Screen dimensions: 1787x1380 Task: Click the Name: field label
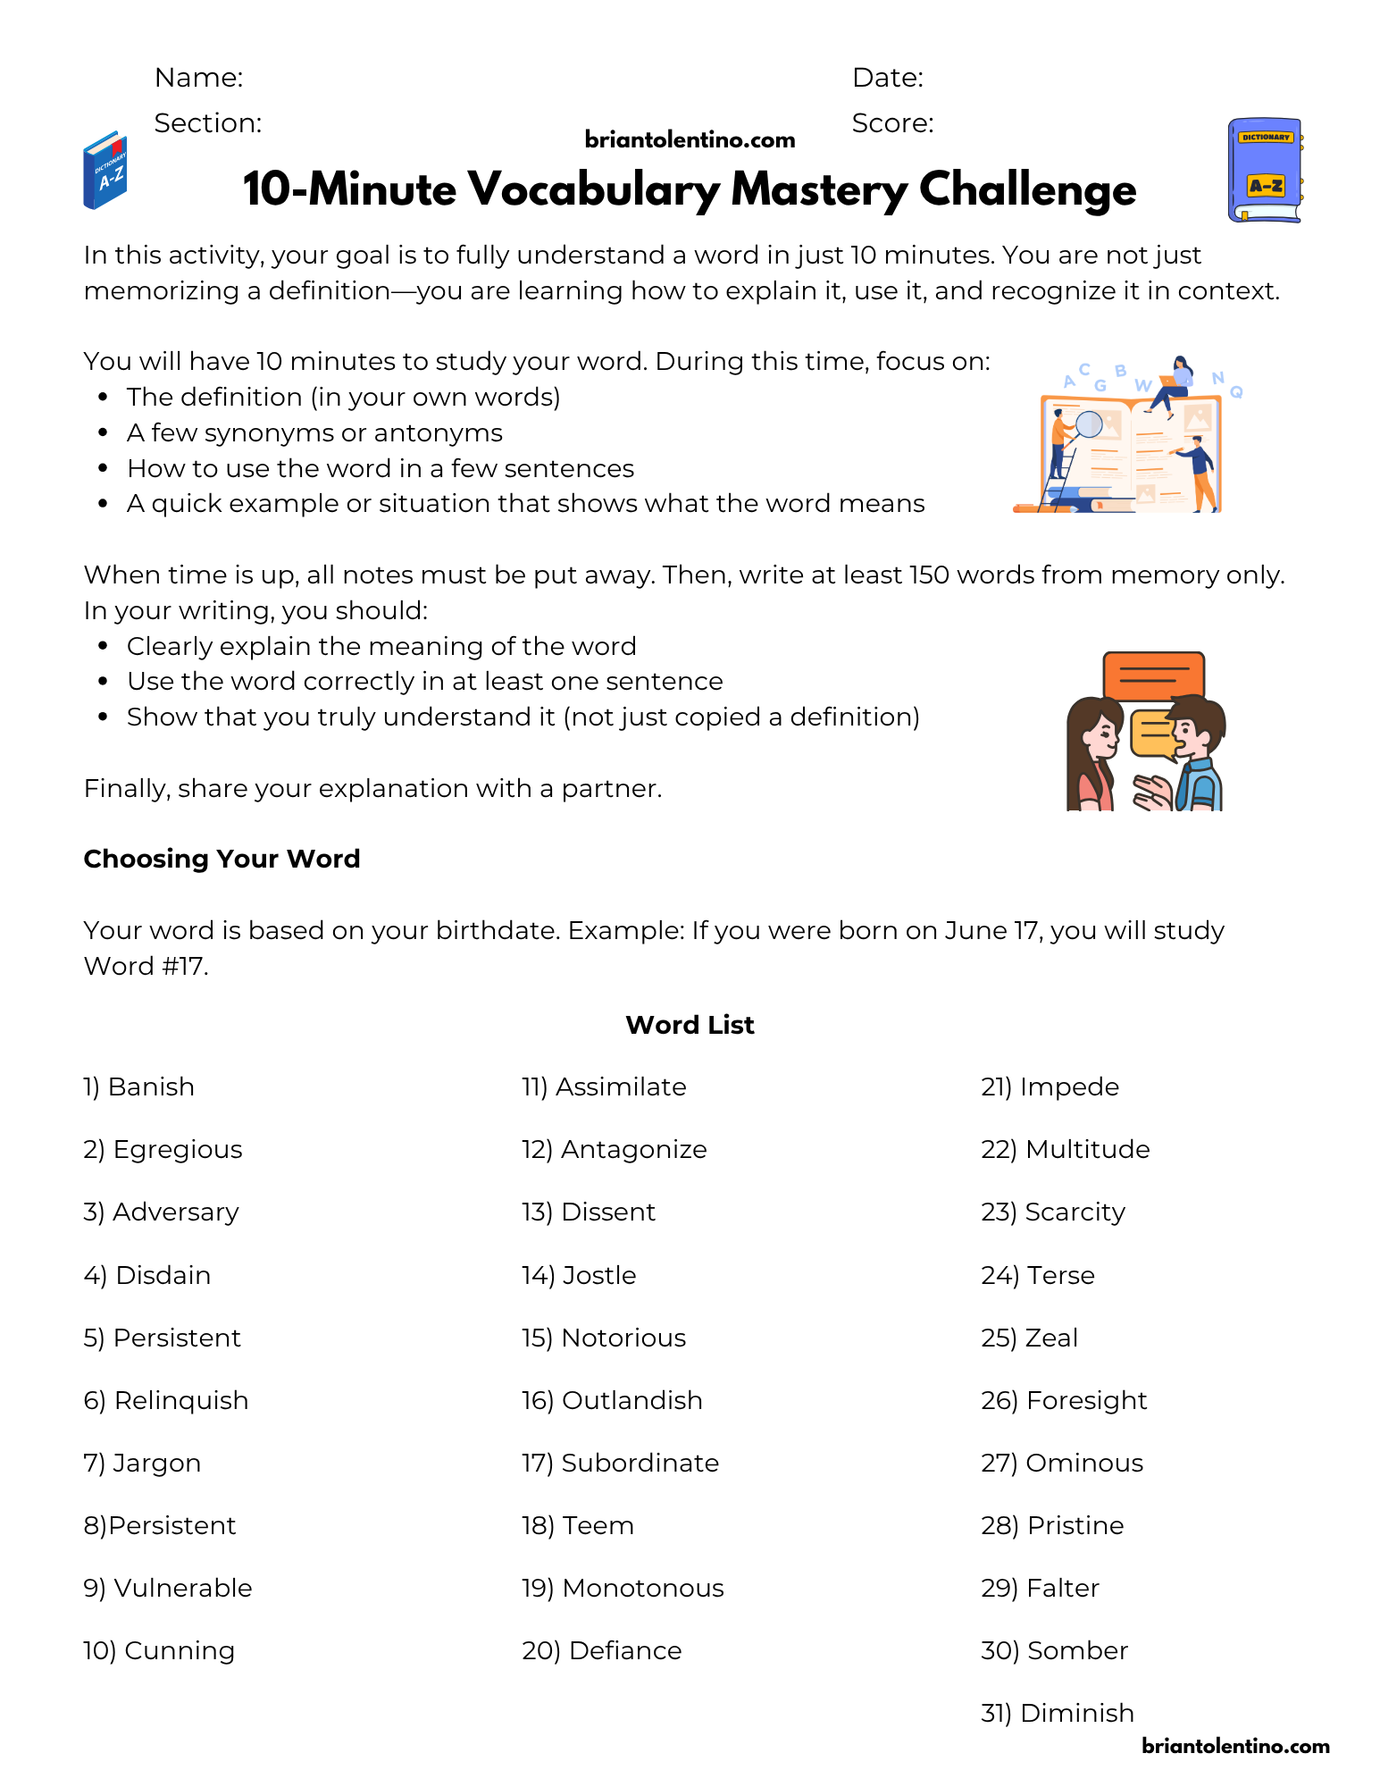coord(198,78)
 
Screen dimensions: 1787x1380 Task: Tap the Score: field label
coord(892,123)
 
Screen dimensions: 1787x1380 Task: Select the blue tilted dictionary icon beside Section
coord(105,171)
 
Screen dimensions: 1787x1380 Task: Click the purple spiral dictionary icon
coord(1264,170)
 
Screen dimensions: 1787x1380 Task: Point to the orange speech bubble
coord(1153,675)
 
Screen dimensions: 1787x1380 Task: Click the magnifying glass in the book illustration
coord(1089,424)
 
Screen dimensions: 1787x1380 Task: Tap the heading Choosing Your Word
coord(222,859)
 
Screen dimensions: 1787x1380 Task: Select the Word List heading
coord(690,1025)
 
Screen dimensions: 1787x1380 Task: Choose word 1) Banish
coord(138,1087)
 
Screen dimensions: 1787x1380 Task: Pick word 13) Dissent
coord(589,1212)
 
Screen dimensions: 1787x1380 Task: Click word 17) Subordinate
coord(620,1463)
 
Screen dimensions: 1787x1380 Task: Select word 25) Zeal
coord(1029,1338)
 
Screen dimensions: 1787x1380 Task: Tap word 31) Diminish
coord(1058,1713)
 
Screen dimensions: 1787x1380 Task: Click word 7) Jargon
coord(142,1463)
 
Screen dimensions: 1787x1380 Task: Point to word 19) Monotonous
coord(623,1588)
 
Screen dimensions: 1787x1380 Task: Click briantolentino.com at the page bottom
coord(1235,1746)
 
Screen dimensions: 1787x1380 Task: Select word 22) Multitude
coord(1065,1150)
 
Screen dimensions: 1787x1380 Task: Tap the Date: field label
coord(888,78)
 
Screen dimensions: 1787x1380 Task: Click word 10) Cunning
coord(159,1650)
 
